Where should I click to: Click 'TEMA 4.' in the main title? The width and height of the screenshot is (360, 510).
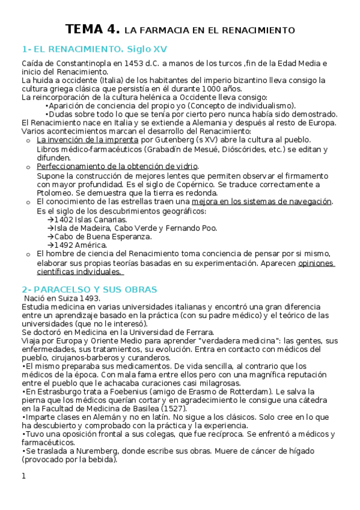93,29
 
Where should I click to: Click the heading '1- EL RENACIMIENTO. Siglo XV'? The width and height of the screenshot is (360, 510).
94,48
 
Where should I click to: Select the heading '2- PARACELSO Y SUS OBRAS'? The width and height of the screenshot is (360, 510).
89,289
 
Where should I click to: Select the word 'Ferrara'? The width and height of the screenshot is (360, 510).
196,332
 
